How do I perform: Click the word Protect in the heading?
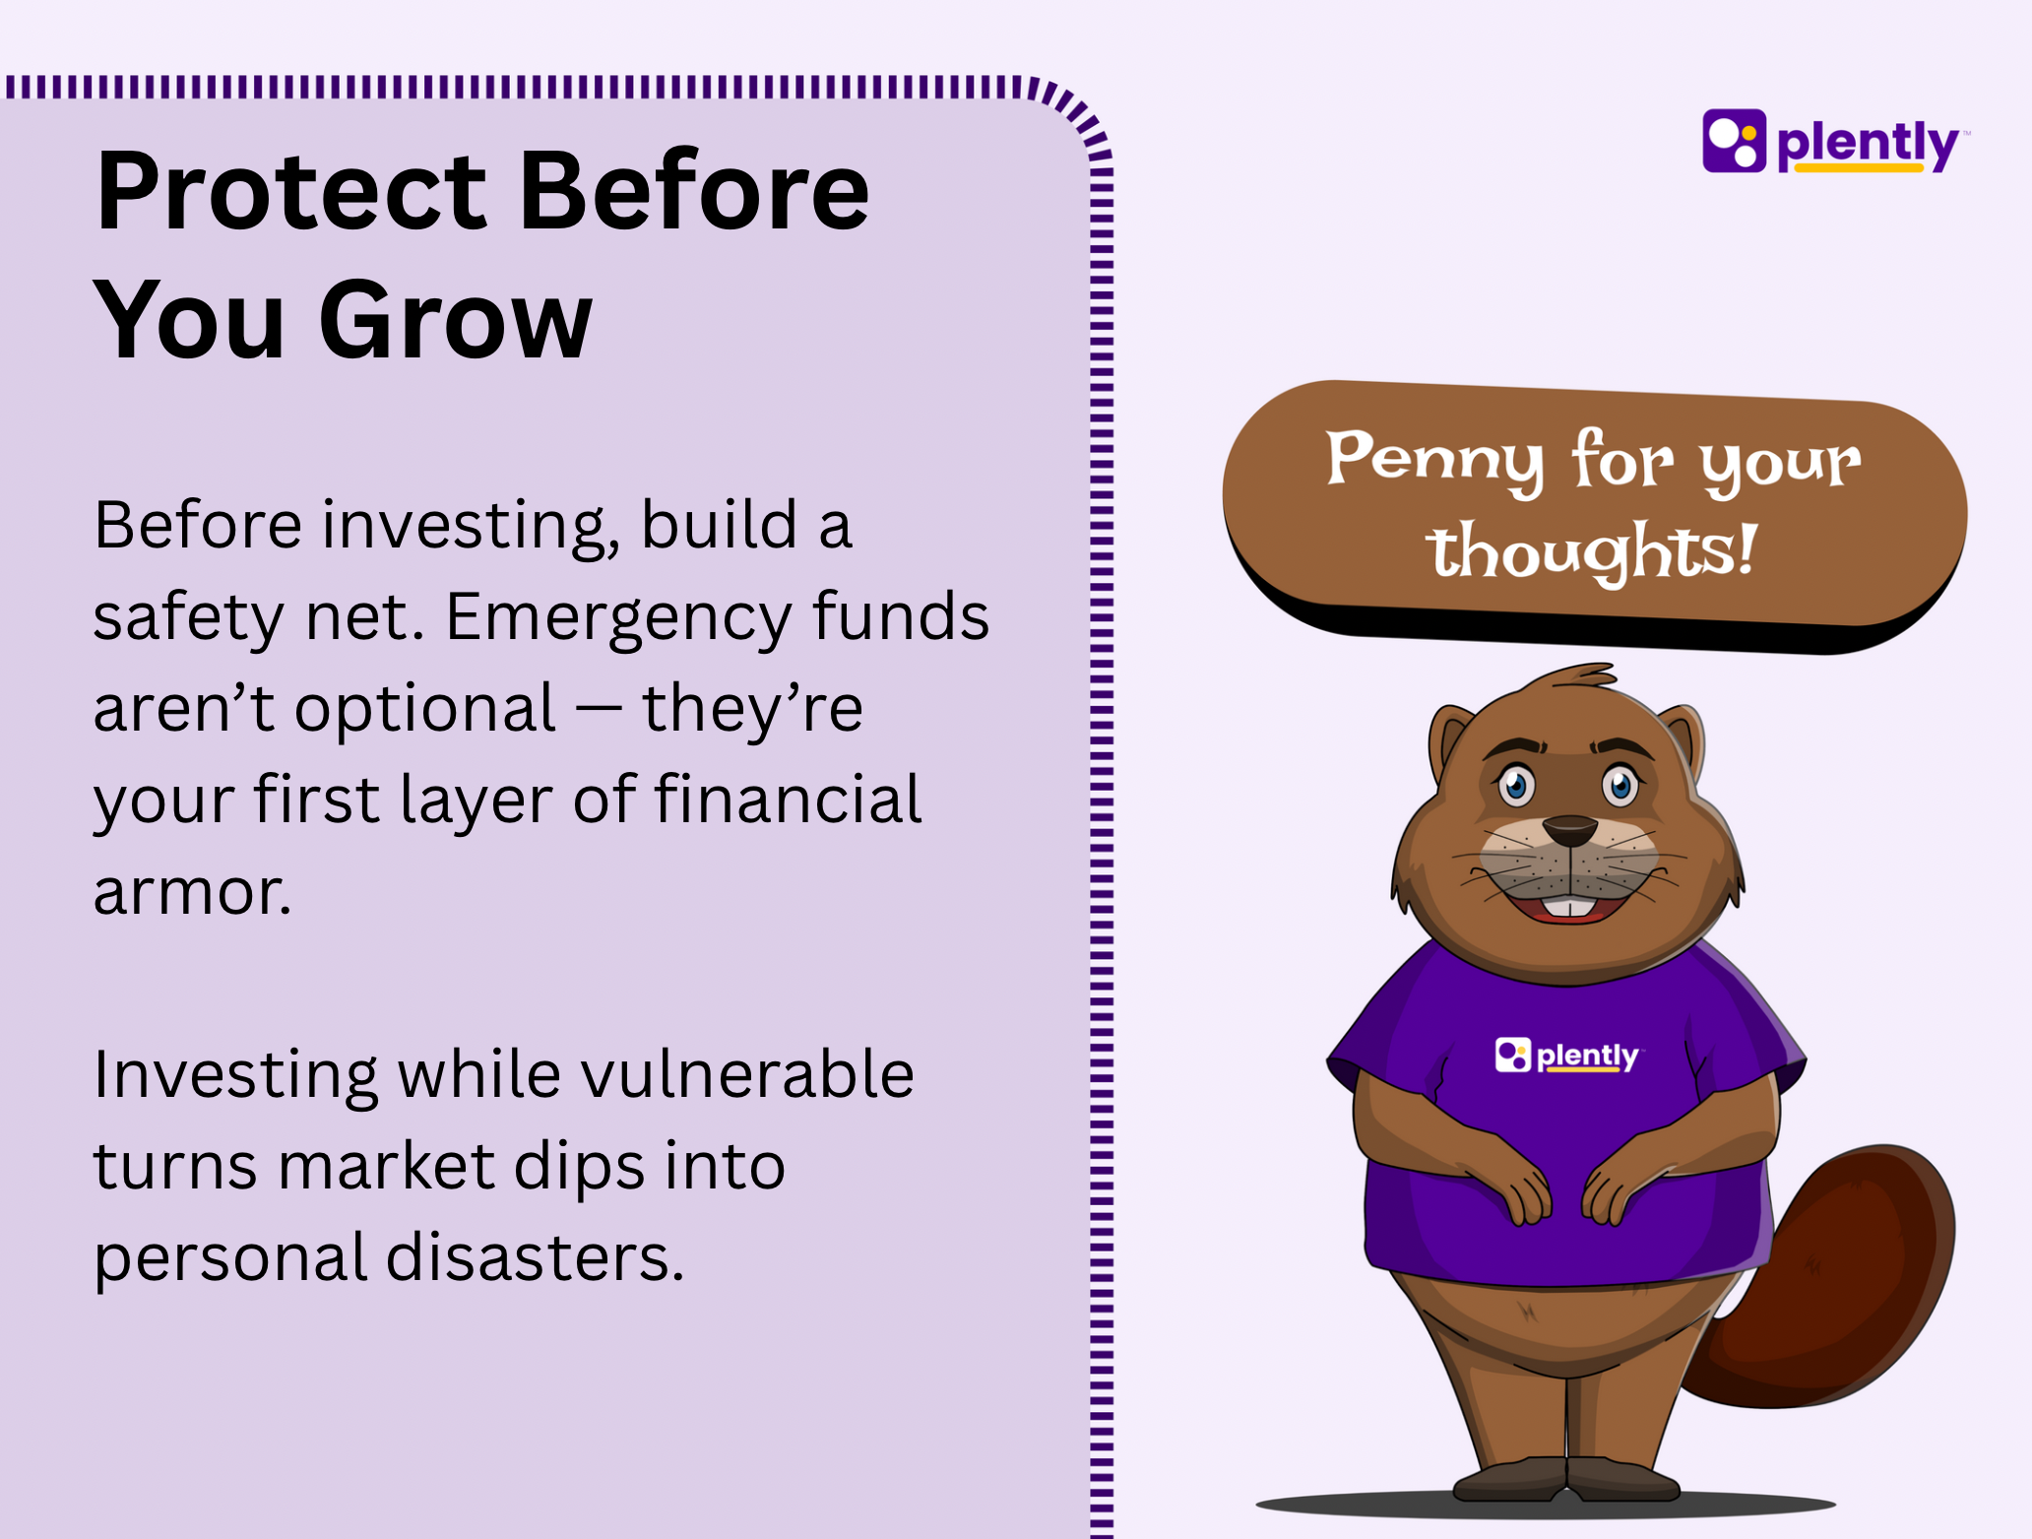click(x=291, y=191)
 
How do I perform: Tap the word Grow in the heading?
click(x=456, y=320)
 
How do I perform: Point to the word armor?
click(x=192, y=892)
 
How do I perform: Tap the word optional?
click(x=425, y=710)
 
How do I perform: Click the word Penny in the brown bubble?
click(x=1434, y=461)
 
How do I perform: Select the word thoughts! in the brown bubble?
click(x=1592, y=551)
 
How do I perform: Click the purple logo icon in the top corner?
click(x=1734, y=140)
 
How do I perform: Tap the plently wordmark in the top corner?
click(x=1869, y=146)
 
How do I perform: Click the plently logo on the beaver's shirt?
click(x=1566, y=1055)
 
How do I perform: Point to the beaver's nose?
click(x=1569, y=830)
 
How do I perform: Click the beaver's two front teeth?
click(x=1570, y=907)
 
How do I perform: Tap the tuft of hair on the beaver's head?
click(x=1575, y=676)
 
